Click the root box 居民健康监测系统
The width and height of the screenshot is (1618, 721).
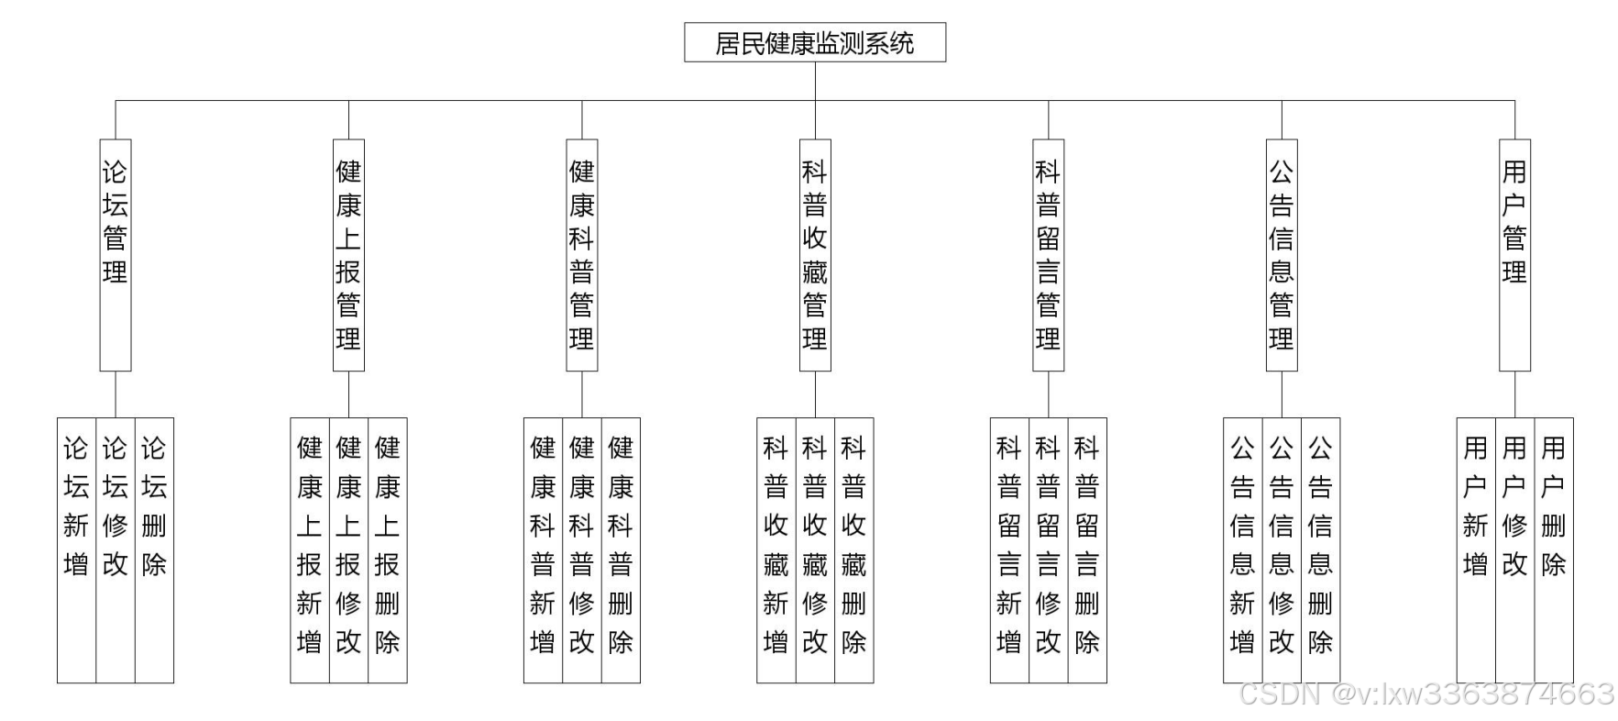pos(814,43)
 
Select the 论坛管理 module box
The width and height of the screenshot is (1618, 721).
pos(116,255)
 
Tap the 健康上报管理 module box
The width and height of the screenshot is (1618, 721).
pos(348,255)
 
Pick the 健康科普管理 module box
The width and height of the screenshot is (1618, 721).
pos(581,255)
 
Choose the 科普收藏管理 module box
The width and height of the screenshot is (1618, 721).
pos(815,255)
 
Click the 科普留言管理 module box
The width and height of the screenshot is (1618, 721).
pos(1048,255)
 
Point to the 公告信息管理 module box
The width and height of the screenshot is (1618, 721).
pos(1282,255)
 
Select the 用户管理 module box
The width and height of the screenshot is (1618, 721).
pos(1514,255)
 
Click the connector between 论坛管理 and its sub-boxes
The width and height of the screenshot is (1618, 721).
pos(116,394)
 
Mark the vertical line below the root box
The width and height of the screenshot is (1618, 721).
pos(815,81)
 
